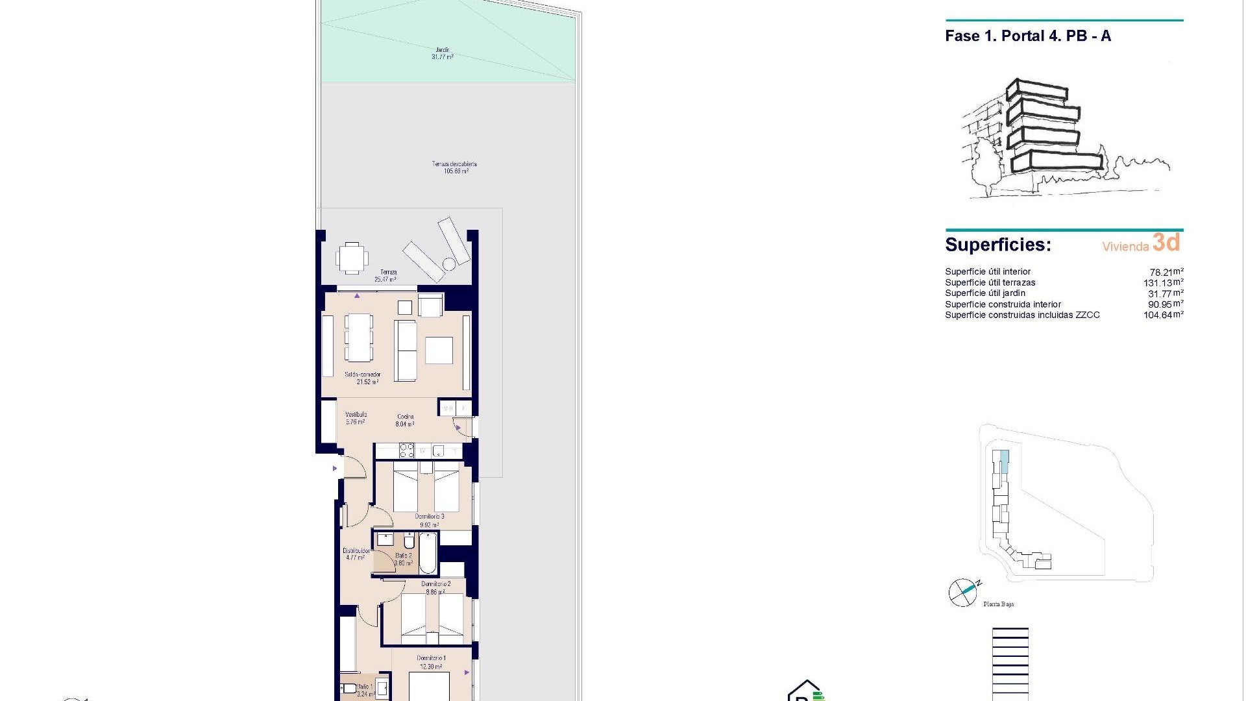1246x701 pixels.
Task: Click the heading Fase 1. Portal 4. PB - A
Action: (1028, 36)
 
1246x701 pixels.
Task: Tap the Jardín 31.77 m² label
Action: (442, 53)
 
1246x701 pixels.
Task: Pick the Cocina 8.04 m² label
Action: (405, 421)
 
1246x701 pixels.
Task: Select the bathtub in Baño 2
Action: (428, 554)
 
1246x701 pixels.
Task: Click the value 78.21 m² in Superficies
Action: (1166, 272)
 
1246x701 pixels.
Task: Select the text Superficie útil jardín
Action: (985, 293)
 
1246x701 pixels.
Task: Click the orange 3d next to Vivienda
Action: (1166, 243)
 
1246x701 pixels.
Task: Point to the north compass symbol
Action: (963, 592)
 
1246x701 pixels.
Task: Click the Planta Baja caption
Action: (998, 604)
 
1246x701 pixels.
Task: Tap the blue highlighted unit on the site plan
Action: (1005, 461)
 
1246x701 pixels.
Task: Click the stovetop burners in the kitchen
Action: (406, 450)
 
